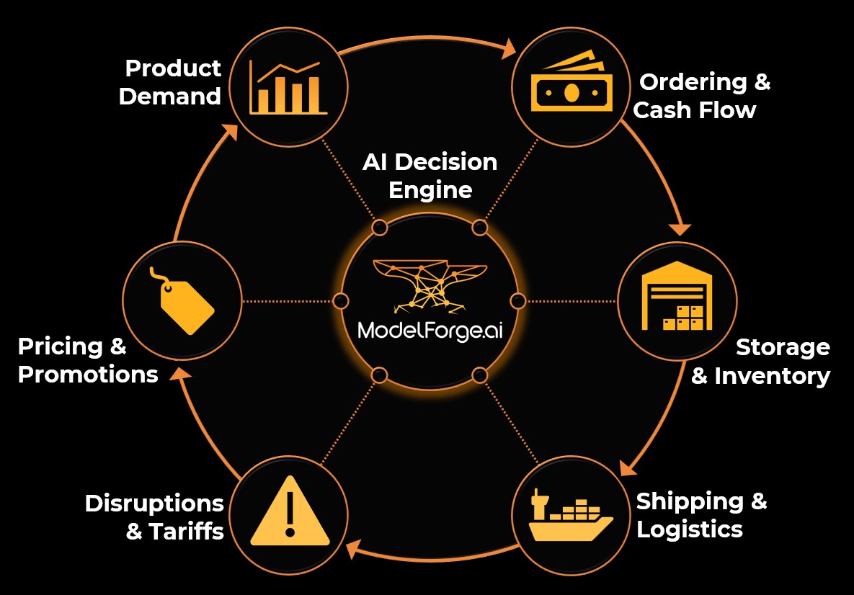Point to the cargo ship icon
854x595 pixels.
coord(570,516)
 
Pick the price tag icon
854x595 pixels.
coord(182,301)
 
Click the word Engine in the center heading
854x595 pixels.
coord(430,190)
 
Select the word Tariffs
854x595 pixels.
coord(187,532)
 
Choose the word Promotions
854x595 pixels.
coord(88,375)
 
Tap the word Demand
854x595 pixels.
coord(170,97)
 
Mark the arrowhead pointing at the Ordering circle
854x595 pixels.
coord(509,48)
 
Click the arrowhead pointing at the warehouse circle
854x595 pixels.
coord(680,229)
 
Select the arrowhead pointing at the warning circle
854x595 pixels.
coord(353,551)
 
